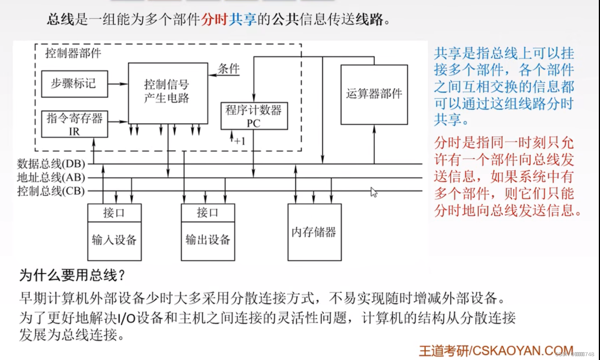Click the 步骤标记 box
(74, 84)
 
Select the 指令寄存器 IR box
(74, 124)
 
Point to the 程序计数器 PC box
(254, 116)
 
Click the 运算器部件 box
(374, 94)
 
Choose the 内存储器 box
(314, 232)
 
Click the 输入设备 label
(114, 240)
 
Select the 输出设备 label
(208, 240)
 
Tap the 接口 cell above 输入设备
(114, 213)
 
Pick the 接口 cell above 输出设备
(208, 213)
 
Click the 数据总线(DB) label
(51, 164)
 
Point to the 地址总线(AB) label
(51, 177)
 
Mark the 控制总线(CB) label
(51, 191)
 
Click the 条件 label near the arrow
(229, 69)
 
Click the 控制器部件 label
(73, 53)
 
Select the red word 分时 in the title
(214, 19)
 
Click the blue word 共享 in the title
(242, 19)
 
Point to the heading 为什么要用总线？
(72, 275)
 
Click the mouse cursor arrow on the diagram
(373, 191)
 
